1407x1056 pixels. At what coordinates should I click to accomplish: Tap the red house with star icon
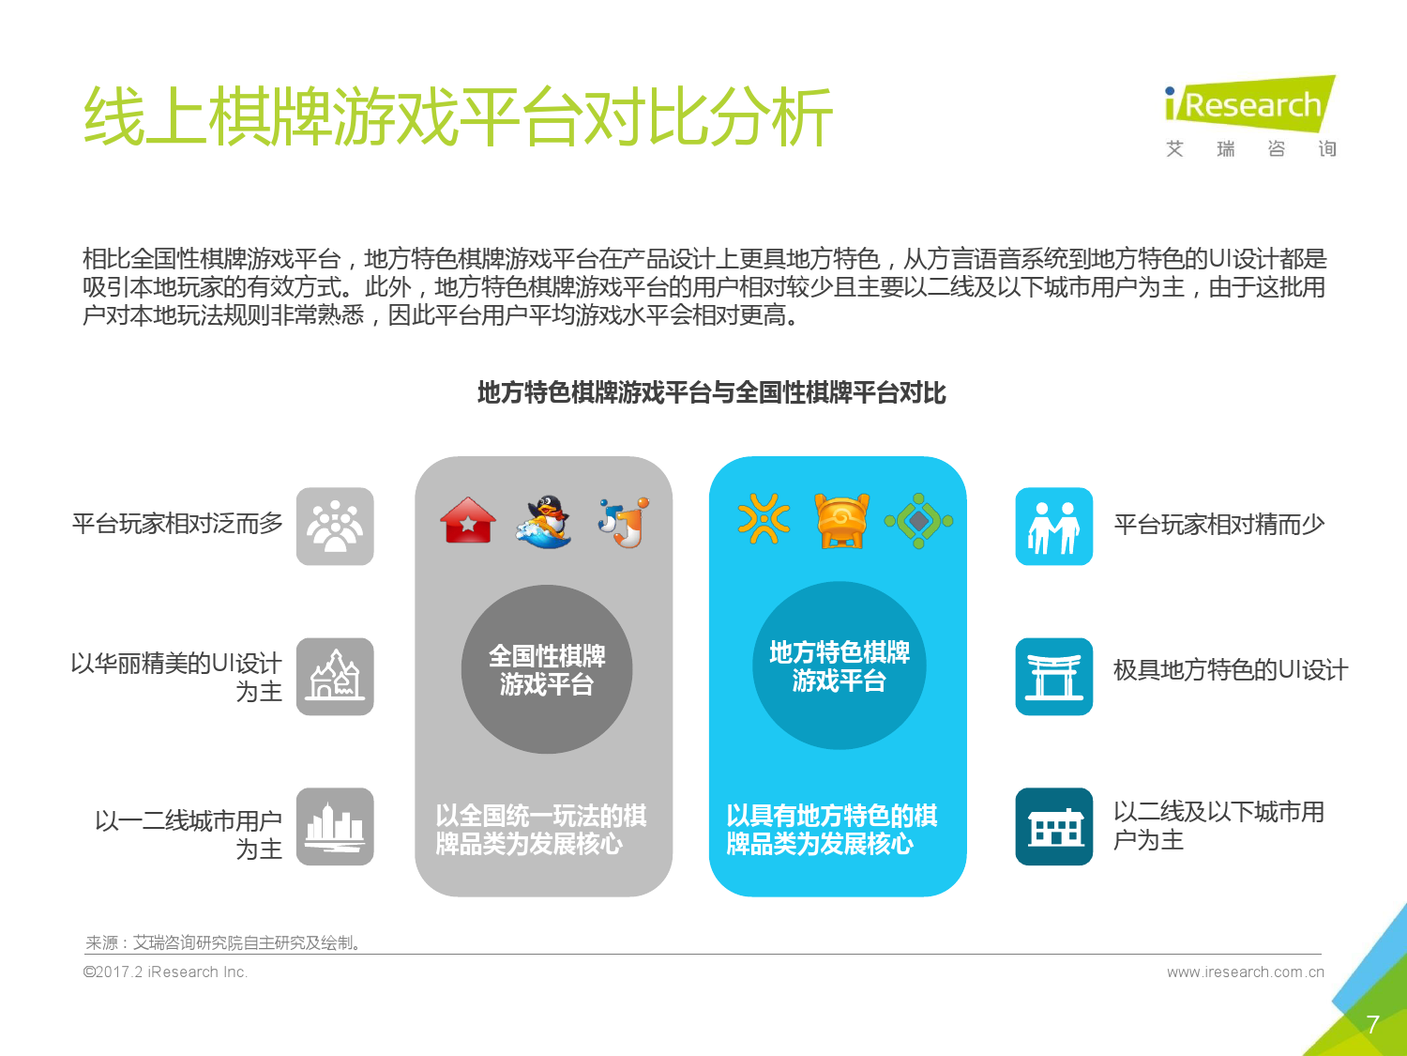coord(468,521)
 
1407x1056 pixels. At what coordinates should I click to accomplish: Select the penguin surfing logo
coord(545,522)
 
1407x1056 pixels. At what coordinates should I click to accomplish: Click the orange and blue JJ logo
coord(624,522)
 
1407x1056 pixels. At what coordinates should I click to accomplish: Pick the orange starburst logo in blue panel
coord(764,519)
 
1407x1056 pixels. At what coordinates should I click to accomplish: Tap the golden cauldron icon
coord(841,521)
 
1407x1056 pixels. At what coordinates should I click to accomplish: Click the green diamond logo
coord(918,521)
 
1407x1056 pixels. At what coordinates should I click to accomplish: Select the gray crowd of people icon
coord(335,527)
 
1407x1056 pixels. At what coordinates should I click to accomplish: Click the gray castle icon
coord(335,677)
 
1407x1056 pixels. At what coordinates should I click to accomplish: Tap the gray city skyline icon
coord(335,826)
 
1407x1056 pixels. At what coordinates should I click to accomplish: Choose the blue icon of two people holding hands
coord(1053,527)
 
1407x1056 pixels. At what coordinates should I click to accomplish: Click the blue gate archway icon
coord(1053,677)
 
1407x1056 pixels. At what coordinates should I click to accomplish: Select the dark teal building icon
coord(1053,826)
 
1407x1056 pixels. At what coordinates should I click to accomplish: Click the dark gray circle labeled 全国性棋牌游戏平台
coord(547,668)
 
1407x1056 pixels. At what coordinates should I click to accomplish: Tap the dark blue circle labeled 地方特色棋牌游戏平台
coord(840,666)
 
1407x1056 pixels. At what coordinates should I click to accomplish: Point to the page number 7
coord(1372,1024)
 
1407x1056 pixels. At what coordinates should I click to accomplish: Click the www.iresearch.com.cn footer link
coord(1246,972)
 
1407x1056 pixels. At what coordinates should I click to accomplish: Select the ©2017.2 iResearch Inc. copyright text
coord(165,972)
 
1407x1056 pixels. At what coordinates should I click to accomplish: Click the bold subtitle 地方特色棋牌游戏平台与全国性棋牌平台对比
coord(712,392)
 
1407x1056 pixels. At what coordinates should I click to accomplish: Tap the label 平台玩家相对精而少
coord(1219,525)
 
